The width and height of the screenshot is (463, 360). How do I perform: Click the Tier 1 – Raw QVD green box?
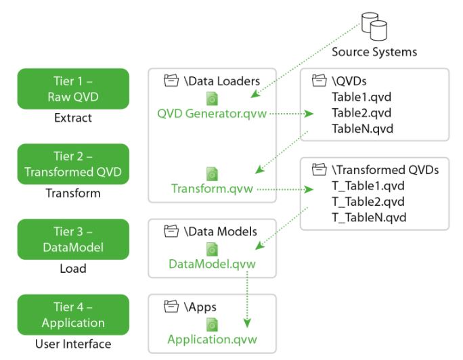tap(73, 89)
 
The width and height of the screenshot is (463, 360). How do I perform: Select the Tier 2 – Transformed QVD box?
tap(73, 164)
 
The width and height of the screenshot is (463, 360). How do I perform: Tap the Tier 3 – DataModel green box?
tap(73, 239)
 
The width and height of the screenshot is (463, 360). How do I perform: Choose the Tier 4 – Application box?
tap(73, 315)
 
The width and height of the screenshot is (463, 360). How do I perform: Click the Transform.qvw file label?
tap(212, 189)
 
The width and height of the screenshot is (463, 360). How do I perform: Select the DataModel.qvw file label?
tap(212, 264)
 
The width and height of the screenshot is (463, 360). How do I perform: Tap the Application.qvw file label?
tap(212, 339)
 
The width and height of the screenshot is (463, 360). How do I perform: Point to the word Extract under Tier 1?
tap(72, 118)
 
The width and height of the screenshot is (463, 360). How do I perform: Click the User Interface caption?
tap(72, 344)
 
